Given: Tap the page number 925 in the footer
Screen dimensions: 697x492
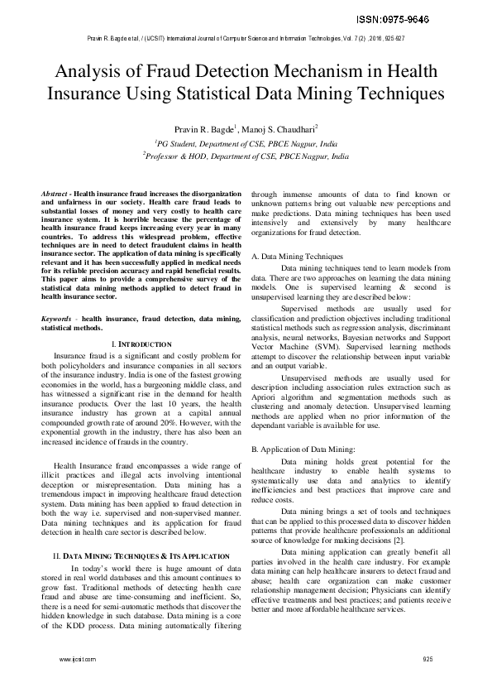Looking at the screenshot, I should pos(428,659).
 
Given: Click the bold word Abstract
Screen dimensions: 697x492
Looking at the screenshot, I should pos(55,191).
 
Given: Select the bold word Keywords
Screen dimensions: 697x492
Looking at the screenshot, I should pos(57,318).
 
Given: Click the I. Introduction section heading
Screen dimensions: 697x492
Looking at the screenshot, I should pos(141,343).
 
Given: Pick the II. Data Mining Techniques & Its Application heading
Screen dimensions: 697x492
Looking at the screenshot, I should pos(141,554).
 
